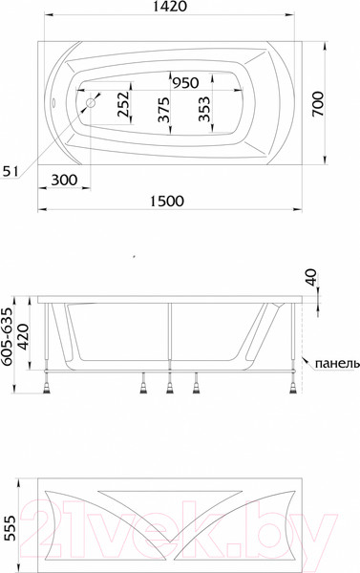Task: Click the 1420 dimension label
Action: coord(169,7)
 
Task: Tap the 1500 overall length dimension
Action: coord(167,201)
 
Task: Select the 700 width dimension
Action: coord(318,104)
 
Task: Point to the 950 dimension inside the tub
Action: coord(185,83)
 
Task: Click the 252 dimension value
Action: coord(123,104)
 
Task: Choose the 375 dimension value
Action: coord(163,109)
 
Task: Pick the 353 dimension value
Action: coord(204,109)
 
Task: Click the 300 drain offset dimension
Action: coord(64,180)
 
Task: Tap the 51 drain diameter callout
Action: coord(10,171)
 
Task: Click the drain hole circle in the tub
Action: coord(91,103)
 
